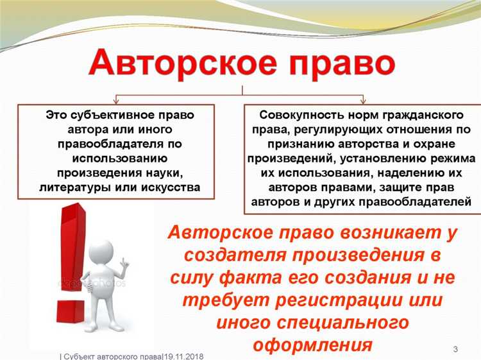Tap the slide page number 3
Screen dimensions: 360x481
455,349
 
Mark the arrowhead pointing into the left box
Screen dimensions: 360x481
115,101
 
